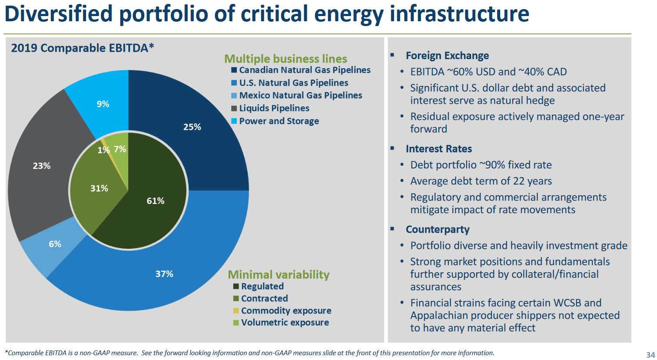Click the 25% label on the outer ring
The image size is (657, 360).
(x=192, y=127)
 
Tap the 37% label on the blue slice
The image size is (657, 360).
(x=164, y=274)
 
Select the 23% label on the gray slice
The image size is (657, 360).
(x=42, y=166)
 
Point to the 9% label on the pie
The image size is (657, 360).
(x=103, y=104)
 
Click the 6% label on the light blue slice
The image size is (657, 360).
(x=55, y=244)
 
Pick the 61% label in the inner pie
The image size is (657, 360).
(x=156, y=201)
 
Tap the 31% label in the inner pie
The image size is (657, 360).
(x=99, y=188)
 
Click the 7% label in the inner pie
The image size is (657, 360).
(x=120, y=149)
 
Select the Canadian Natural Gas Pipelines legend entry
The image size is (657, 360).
(x=305, y=70)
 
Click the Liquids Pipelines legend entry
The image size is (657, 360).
(x=274, y=108)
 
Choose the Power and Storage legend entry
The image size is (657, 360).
(x=279, y=121)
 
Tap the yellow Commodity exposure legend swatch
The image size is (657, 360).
(x=236, y=310)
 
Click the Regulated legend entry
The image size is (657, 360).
(x=262, y=286)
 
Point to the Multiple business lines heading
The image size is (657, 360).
(x=285, y=59)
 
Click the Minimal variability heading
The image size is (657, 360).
(x=279, y=274)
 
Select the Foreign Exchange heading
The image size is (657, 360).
(x=447, y=56)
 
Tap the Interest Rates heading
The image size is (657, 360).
(x=439, y=149)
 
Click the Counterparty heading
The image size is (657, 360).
(x=438, y=229)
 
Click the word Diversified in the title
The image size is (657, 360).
(x=59, y=14)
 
